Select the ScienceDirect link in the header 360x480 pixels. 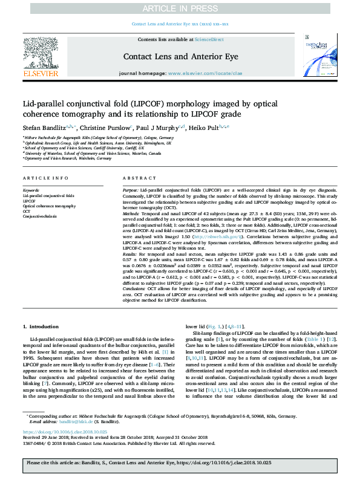tap(210, 39)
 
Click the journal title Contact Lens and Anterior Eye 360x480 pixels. tap(180, 56)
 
